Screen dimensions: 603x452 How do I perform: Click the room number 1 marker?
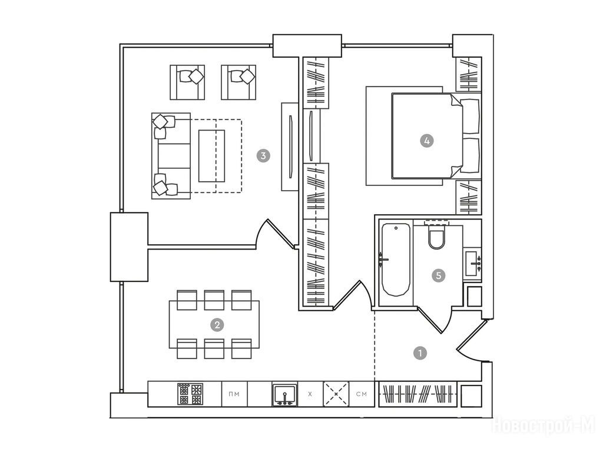click(x=420, y=353)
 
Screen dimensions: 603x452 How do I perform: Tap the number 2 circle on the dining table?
click(x=217, y=325)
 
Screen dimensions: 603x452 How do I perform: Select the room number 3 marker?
click(x=263, y=155)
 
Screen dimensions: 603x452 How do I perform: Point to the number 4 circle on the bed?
click(x=426, y=141)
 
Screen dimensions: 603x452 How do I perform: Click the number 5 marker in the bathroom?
click(x=438, y=275)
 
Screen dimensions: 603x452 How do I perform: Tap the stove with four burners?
click(x=190, y=394)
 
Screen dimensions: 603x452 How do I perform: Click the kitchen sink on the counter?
click(x=284, y=394)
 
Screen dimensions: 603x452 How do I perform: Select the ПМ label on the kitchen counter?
click(x=234, y=394)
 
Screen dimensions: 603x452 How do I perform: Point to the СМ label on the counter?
click(x=362, y=394)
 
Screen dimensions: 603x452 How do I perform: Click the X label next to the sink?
click(x=310, y=394)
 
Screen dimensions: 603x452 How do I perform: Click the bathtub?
click(x=396, y=260)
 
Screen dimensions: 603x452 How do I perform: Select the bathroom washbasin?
click(x=473, y=263)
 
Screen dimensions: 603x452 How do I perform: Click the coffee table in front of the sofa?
click(x=211, y=155)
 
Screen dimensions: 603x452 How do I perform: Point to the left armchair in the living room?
click(x=187, y=82)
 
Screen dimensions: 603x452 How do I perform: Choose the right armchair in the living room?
click(x=238, y=82)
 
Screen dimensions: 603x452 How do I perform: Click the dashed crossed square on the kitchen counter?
click(x=336, y=394)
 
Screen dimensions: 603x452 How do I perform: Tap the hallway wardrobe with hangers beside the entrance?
click(x=418, y=394)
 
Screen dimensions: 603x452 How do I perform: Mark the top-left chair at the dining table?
click(x=187, y=300)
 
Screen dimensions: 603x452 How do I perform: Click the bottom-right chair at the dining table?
click(x=241, y=348)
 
